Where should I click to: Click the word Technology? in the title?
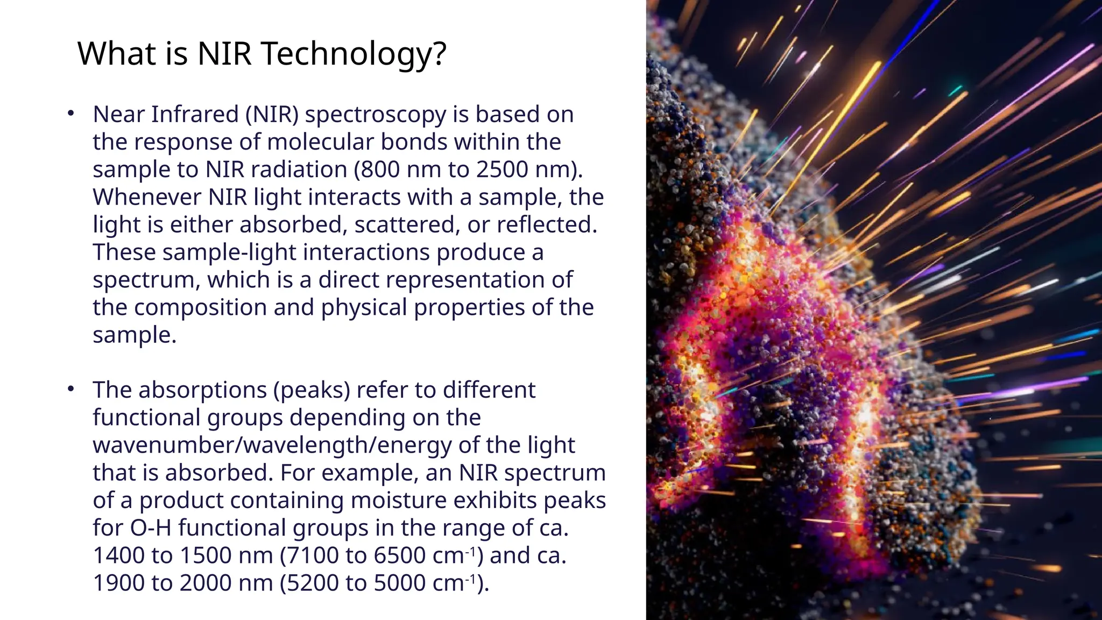pyautogui.click(x=354, y=54)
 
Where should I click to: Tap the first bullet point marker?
pyautogui.click(x=70, y=114)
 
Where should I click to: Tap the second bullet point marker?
pyautogui.click(x=70, y=389)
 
